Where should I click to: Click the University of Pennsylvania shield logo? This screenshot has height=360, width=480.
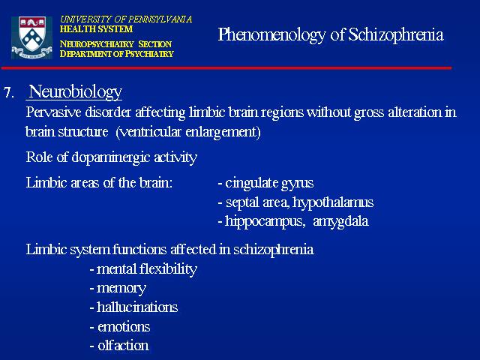(31, 37)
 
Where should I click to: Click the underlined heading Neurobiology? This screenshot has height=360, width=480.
(75, 91)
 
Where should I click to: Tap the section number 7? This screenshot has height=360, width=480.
(9, 92)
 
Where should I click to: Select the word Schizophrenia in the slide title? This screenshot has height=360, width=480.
(396, 35)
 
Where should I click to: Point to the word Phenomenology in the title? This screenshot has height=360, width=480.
(271, 35)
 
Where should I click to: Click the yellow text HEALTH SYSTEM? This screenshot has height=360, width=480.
(96, 29)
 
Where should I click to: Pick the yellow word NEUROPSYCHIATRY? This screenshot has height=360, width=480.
(97, 44)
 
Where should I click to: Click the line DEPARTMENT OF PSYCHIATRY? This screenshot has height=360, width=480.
(117, 54)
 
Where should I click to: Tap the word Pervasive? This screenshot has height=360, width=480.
(53, 112)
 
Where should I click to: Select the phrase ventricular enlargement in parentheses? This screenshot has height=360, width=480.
(188, 132)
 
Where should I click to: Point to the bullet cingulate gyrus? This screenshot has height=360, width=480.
(265, 183)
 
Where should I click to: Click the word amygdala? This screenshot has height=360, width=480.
(340, 222)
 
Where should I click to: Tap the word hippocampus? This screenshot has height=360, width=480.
(265, 222)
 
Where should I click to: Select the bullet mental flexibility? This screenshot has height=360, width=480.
(143, 269)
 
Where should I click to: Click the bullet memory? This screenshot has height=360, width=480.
(118, 289)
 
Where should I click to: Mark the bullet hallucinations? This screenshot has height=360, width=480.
(133, 307)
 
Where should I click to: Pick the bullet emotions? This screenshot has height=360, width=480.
(120, 327)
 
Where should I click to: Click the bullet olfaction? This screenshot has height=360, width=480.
(119, 346)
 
